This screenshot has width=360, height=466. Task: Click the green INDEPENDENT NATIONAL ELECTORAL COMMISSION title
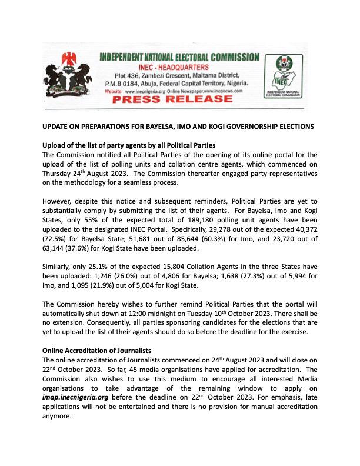pos(178,58)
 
